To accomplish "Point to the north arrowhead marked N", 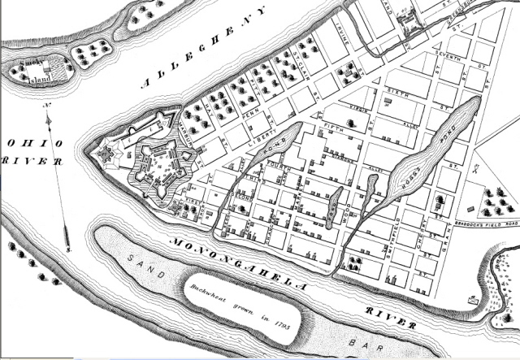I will (51, 113).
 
